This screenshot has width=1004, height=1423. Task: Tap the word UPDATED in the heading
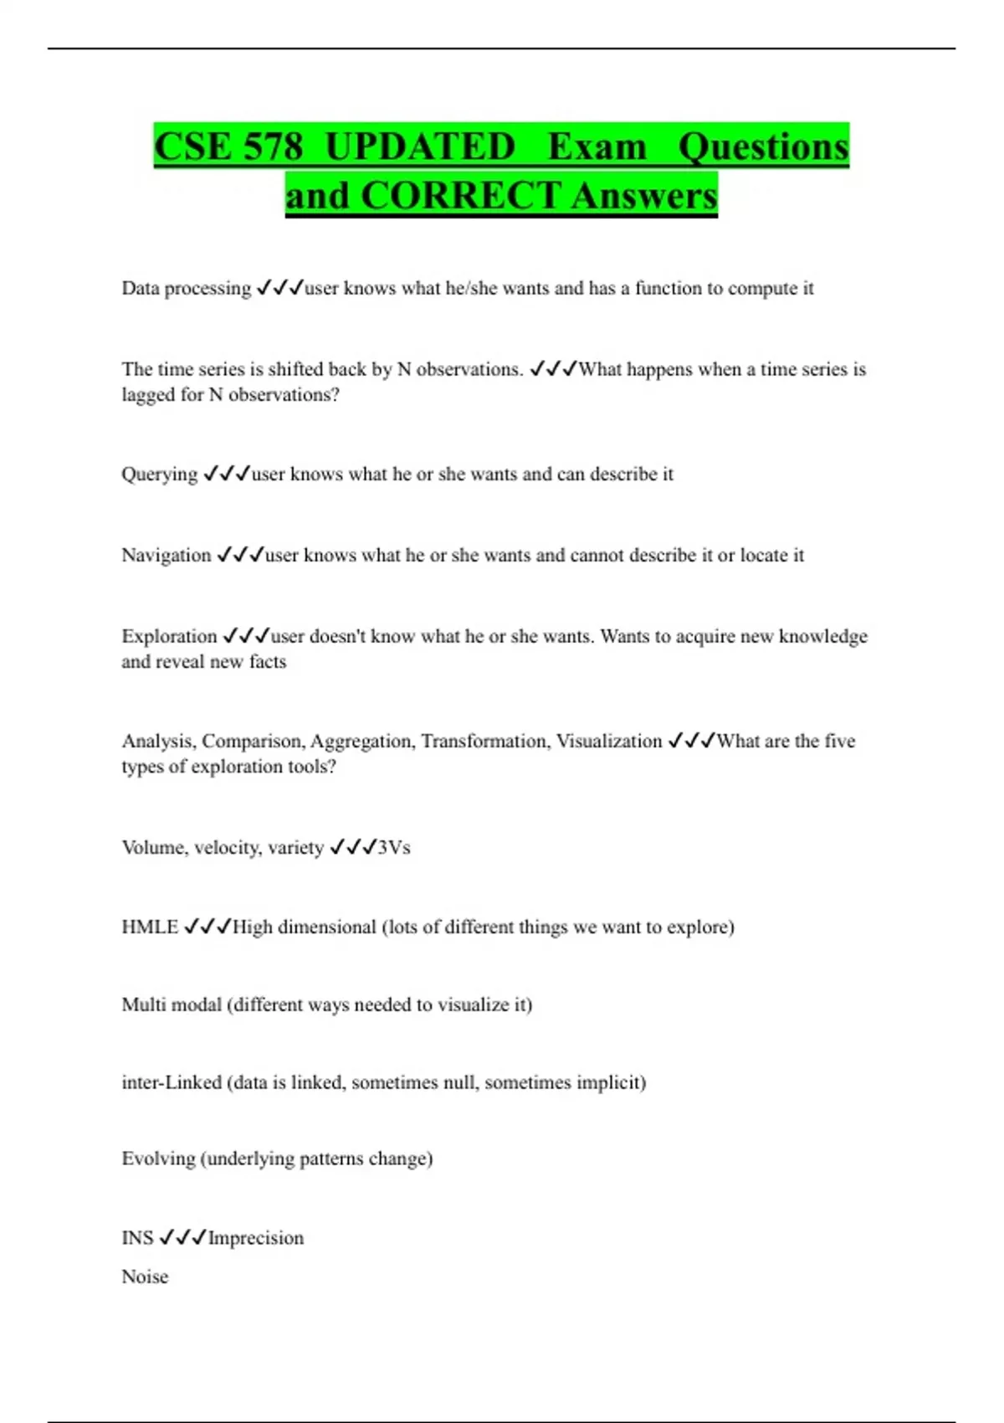pyautogui.click(x=420, y=147)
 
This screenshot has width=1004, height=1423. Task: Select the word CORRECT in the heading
pyautogui.click(x=460, y=196)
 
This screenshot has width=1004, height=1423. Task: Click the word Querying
pyautogui.click(x=159, y=475)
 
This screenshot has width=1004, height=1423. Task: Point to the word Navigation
pyautogui.click(x=166, y=556)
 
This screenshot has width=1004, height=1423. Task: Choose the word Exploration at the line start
pyautogui.click(x=169, y=637)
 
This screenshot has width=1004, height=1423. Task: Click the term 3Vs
pyautogui.click(x=394, y=848)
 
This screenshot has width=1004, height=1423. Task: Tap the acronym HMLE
pyautogui.click(x=150, y=927)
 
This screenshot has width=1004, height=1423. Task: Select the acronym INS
pyautogui.click(x=137, y=1238)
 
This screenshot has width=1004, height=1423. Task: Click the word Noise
pyautogui.click(x=145, y=1277)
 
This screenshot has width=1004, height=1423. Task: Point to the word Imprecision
pyautogui.click(x=256, y=1238)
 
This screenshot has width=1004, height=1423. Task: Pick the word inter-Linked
pyautogui.click(x=172, y=1082)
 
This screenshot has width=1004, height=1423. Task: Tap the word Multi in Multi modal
pyautogui.click(x=142, y=1004)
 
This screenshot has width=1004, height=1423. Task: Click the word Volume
pyautogui.click(x=155, y=848)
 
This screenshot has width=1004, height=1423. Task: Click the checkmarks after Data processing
pyautogui.click(x=279, y=289)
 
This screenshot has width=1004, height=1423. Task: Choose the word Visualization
pyautogui.click(x=609, y=742)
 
